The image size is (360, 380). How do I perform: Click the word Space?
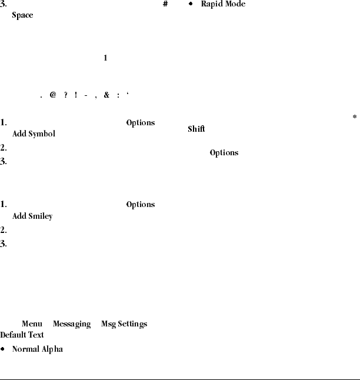(22, 15)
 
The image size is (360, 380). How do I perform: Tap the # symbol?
(165, 4)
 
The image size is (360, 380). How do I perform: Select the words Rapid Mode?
(224, 4)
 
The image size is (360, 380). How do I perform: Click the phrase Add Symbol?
(34, 134)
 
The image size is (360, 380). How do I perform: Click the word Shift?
(196, 129)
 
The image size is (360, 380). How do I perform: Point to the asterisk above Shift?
(355, 118)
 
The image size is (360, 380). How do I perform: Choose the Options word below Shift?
(224, 152)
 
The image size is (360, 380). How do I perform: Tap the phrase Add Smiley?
(32, 216)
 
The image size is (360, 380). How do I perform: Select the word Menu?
(32, 324)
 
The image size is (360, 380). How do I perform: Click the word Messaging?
(72, 324)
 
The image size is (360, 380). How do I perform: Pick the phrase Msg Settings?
(124, 324)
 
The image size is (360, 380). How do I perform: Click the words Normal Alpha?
(38, 349)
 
